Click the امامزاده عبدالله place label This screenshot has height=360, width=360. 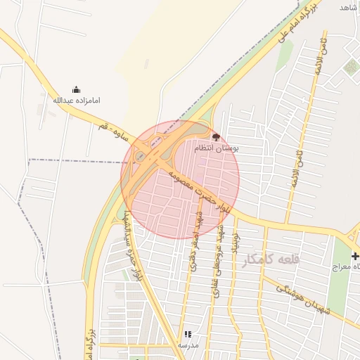pos(77,101)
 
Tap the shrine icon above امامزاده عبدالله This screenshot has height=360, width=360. pos(77,90)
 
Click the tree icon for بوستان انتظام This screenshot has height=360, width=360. pos(215,138)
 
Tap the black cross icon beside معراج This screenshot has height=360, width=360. pos(355,256)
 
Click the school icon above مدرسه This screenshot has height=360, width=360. pos(187,335)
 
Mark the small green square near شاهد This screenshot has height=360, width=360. pos(351,67)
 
